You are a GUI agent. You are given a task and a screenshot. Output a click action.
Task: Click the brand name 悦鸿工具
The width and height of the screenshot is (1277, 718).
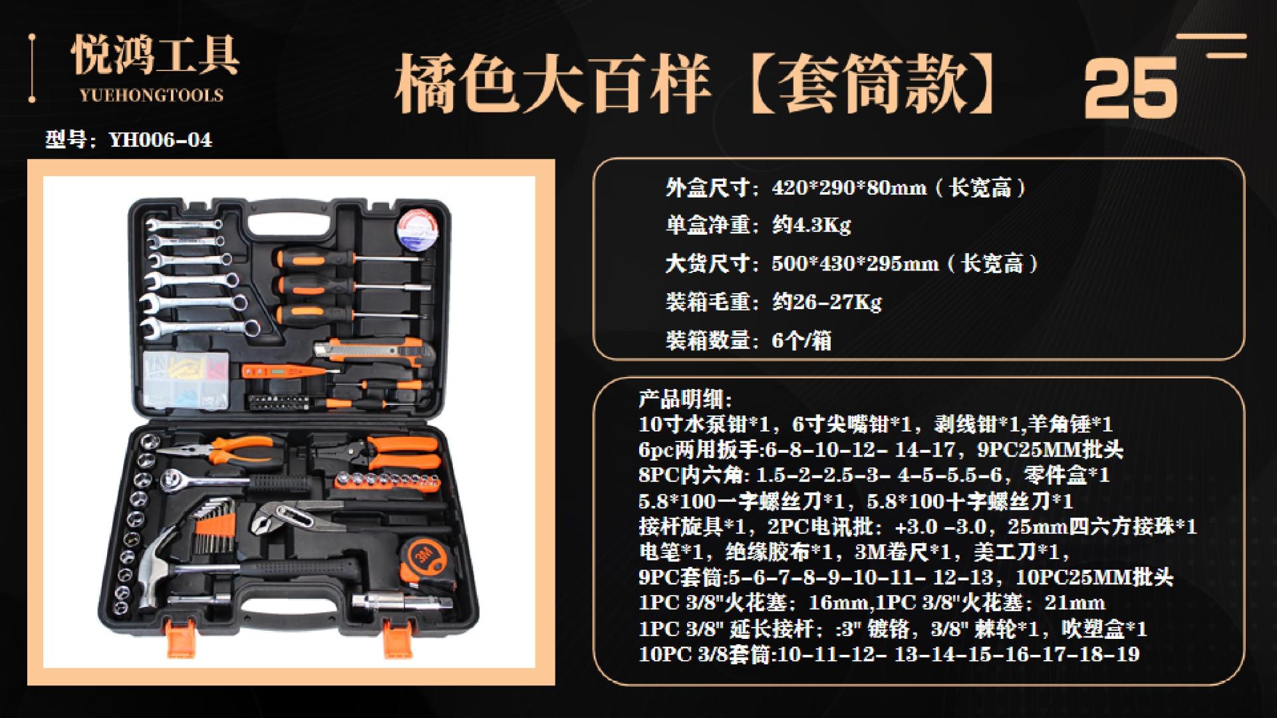pos(155,57)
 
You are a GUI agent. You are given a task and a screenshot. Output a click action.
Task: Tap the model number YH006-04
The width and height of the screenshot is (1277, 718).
pos(160,140)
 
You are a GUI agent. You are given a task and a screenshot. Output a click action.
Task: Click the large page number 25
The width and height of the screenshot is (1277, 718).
pos(1130,88)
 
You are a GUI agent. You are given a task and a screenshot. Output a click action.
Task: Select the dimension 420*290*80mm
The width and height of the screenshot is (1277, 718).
pos(849,188)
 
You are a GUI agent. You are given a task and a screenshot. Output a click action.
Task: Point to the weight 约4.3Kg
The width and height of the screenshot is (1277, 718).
pos(811,225)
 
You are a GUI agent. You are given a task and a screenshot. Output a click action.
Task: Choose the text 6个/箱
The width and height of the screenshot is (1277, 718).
pos(801,340)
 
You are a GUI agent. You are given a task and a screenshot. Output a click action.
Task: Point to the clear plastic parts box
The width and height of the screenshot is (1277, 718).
pos(186,379)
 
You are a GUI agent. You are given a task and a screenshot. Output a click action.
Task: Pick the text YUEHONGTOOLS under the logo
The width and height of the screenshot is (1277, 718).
pos(152,95)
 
